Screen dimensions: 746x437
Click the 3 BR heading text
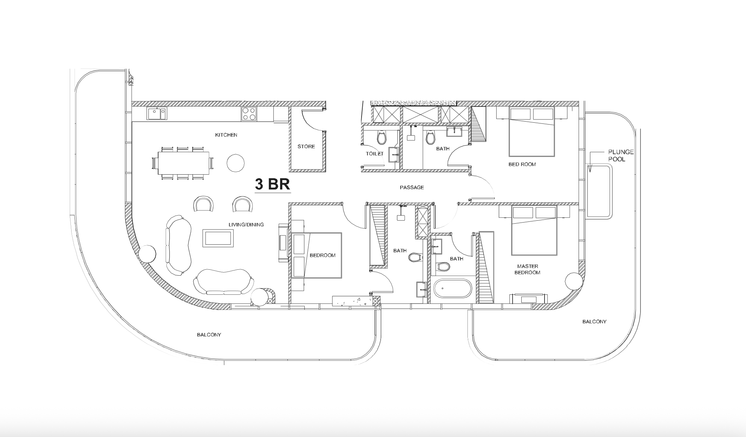coord(272,184)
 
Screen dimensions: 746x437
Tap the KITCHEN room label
coord(226,135)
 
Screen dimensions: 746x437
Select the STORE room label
coord(306,146)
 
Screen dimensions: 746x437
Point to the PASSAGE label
coord(412,187)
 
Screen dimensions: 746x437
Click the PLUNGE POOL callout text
coord(621,155)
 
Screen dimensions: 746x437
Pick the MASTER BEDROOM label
coord(528,269)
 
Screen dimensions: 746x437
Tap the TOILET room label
coord(374,154)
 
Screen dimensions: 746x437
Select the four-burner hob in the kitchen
coord(249,113)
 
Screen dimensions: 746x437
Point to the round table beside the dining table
coord(235,162)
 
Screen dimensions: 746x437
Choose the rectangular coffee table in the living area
coord(218,238)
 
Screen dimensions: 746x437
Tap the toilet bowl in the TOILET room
coord(381,138)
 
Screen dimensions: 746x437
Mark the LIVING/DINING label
coord(246,224)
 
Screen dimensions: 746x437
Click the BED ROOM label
coord(522,164)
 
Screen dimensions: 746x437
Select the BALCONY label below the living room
coord(209,335)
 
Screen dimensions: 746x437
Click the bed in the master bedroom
coord(534,231)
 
